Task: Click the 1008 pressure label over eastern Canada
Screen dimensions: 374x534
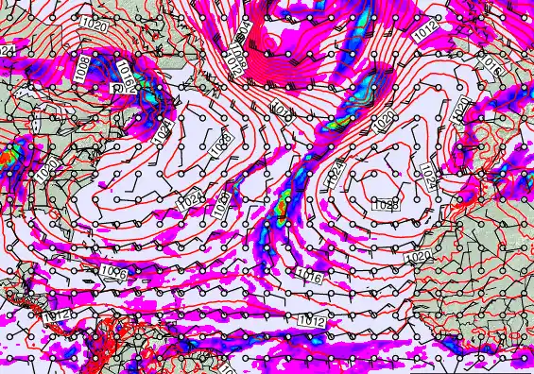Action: pyautogui.click(x=84, y=66)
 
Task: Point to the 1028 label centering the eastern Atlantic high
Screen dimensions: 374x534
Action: pyautogui.click(x=385, y=204)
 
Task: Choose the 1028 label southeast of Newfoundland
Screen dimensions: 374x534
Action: pyautogui.click(x=222, y=145)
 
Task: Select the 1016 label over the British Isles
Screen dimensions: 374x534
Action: pyautogui.click(x=490, y=66)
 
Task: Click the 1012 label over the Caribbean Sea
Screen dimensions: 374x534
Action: pyautogui.click(x=60, y=314)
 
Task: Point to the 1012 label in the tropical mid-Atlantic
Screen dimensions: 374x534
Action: pyautogui.click(x=313, y=322)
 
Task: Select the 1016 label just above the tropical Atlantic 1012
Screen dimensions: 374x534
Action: pyautogui.click(x=307, y=278)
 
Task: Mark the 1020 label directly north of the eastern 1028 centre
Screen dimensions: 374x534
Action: pyautogui.click(x=384, y=120)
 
